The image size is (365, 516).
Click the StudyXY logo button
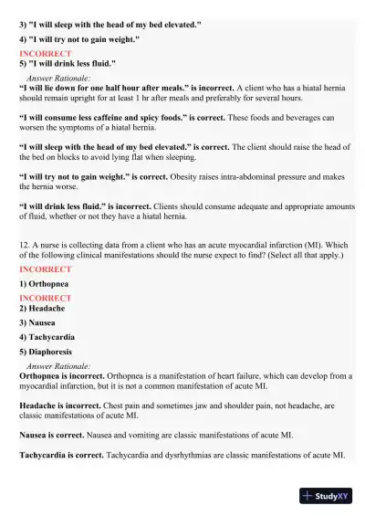[x=325, y=496]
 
